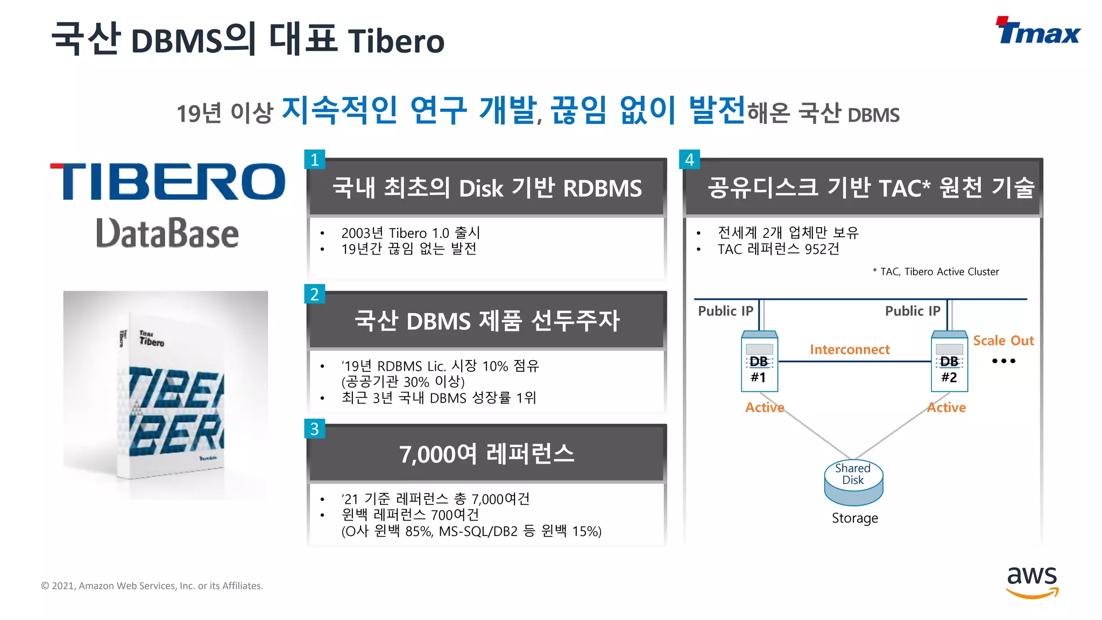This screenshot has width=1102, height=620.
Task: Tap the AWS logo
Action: [1032, 582]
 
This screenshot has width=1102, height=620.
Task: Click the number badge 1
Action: [315, 159]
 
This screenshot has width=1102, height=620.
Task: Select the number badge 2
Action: [315, 294]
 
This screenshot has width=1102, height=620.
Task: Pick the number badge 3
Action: [315, 429]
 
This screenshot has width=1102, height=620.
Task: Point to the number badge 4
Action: [689, 159]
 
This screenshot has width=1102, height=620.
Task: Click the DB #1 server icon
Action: [759, 362]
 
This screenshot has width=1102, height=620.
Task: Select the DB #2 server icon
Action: [949, 362]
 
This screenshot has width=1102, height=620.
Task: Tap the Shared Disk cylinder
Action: [853, 482]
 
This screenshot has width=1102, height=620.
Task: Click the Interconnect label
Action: [850, 350]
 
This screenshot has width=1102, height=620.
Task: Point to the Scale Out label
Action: [1004, 341]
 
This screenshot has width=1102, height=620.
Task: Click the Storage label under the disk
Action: [854, 518]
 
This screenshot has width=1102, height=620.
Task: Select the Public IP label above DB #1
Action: [725, 311]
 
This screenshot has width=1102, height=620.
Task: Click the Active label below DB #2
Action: [946, 407]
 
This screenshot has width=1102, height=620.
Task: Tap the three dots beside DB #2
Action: [1004, 361]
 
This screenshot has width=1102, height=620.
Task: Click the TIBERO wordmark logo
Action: [167, 181]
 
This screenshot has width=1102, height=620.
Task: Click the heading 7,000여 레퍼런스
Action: [486, 454]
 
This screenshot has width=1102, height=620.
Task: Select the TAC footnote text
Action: [936, 272]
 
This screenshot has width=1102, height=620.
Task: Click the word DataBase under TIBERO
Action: [167, 234]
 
